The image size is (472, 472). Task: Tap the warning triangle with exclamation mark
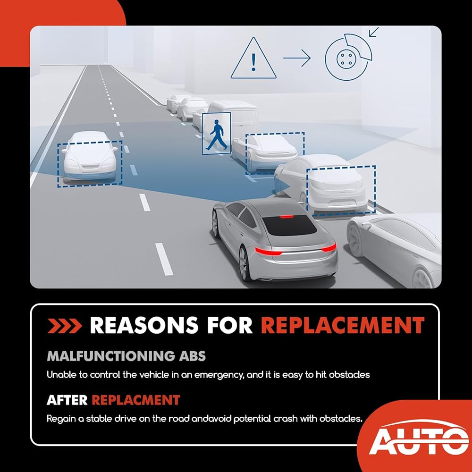tap(253, 58)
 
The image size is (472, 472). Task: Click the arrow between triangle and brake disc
tap(297, 58)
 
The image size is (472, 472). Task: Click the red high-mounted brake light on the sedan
tap(286, 217)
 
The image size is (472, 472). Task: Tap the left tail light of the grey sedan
tap(269, 251)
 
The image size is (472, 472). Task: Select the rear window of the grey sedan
tap(289, 225)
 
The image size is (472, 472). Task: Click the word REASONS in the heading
tap(144, 325)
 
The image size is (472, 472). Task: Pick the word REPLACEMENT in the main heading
tap(343, 325)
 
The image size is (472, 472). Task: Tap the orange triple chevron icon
tap(65, 326)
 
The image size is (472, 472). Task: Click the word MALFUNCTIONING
tap(111, 356)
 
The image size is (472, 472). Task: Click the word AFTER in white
tap(67, 400)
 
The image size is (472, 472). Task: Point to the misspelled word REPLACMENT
tap(136, 400)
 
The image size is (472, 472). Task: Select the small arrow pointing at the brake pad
tap(373, 32)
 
